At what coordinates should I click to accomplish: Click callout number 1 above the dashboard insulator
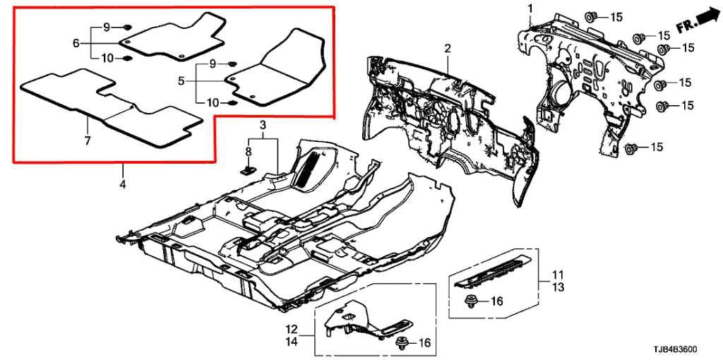click(x=529, y=8)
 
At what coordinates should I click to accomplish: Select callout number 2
click(x=447, y=48)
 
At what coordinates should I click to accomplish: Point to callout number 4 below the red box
click(x=122, y=185)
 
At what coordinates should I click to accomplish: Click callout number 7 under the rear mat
click(x=88, y=141)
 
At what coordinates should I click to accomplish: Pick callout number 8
click(x=249, y=152)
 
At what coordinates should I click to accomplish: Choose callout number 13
click(x=558, y=287)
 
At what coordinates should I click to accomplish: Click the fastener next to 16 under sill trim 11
click(x=472, y=301)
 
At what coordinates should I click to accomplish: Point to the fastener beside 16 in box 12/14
click(x=403, y=343)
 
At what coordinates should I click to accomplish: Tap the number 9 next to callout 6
click(x=107, y=27)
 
